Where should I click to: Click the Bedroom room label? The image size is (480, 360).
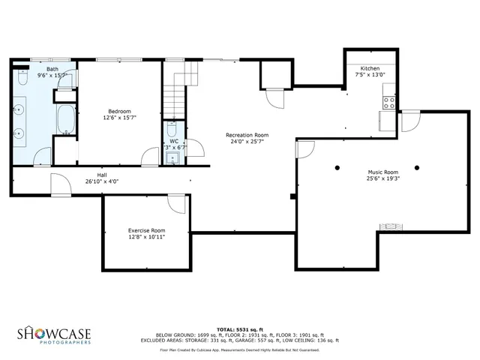(120, 111)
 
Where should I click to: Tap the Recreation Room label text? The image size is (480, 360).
(247, 135)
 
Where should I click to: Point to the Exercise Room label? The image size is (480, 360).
(146, 230)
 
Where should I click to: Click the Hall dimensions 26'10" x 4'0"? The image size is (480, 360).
(102, 181)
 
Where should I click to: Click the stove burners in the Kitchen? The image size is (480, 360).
(389, 103)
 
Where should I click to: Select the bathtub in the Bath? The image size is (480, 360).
(65, 119)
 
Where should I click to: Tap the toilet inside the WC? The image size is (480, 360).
(172, 129)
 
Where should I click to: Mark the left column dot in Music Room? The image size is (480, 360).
(337, 166)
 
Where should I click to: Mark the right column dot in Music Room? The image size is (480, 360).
(417, 166)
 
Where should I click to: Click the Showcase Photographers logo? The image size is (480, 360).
(55, 334)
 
